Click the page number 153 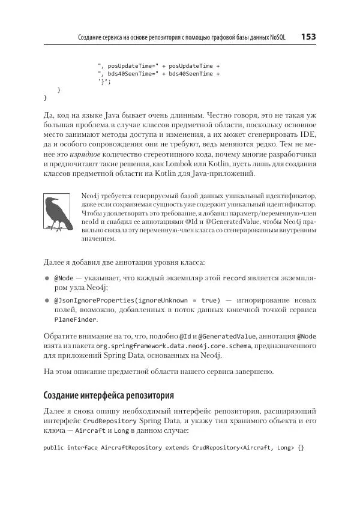tap(308, 37)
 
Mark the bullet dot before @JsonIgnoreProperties tap(47, 300)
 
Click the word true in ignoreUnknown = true tap(209, 300)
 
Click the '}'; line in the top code tap(104, 82)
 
